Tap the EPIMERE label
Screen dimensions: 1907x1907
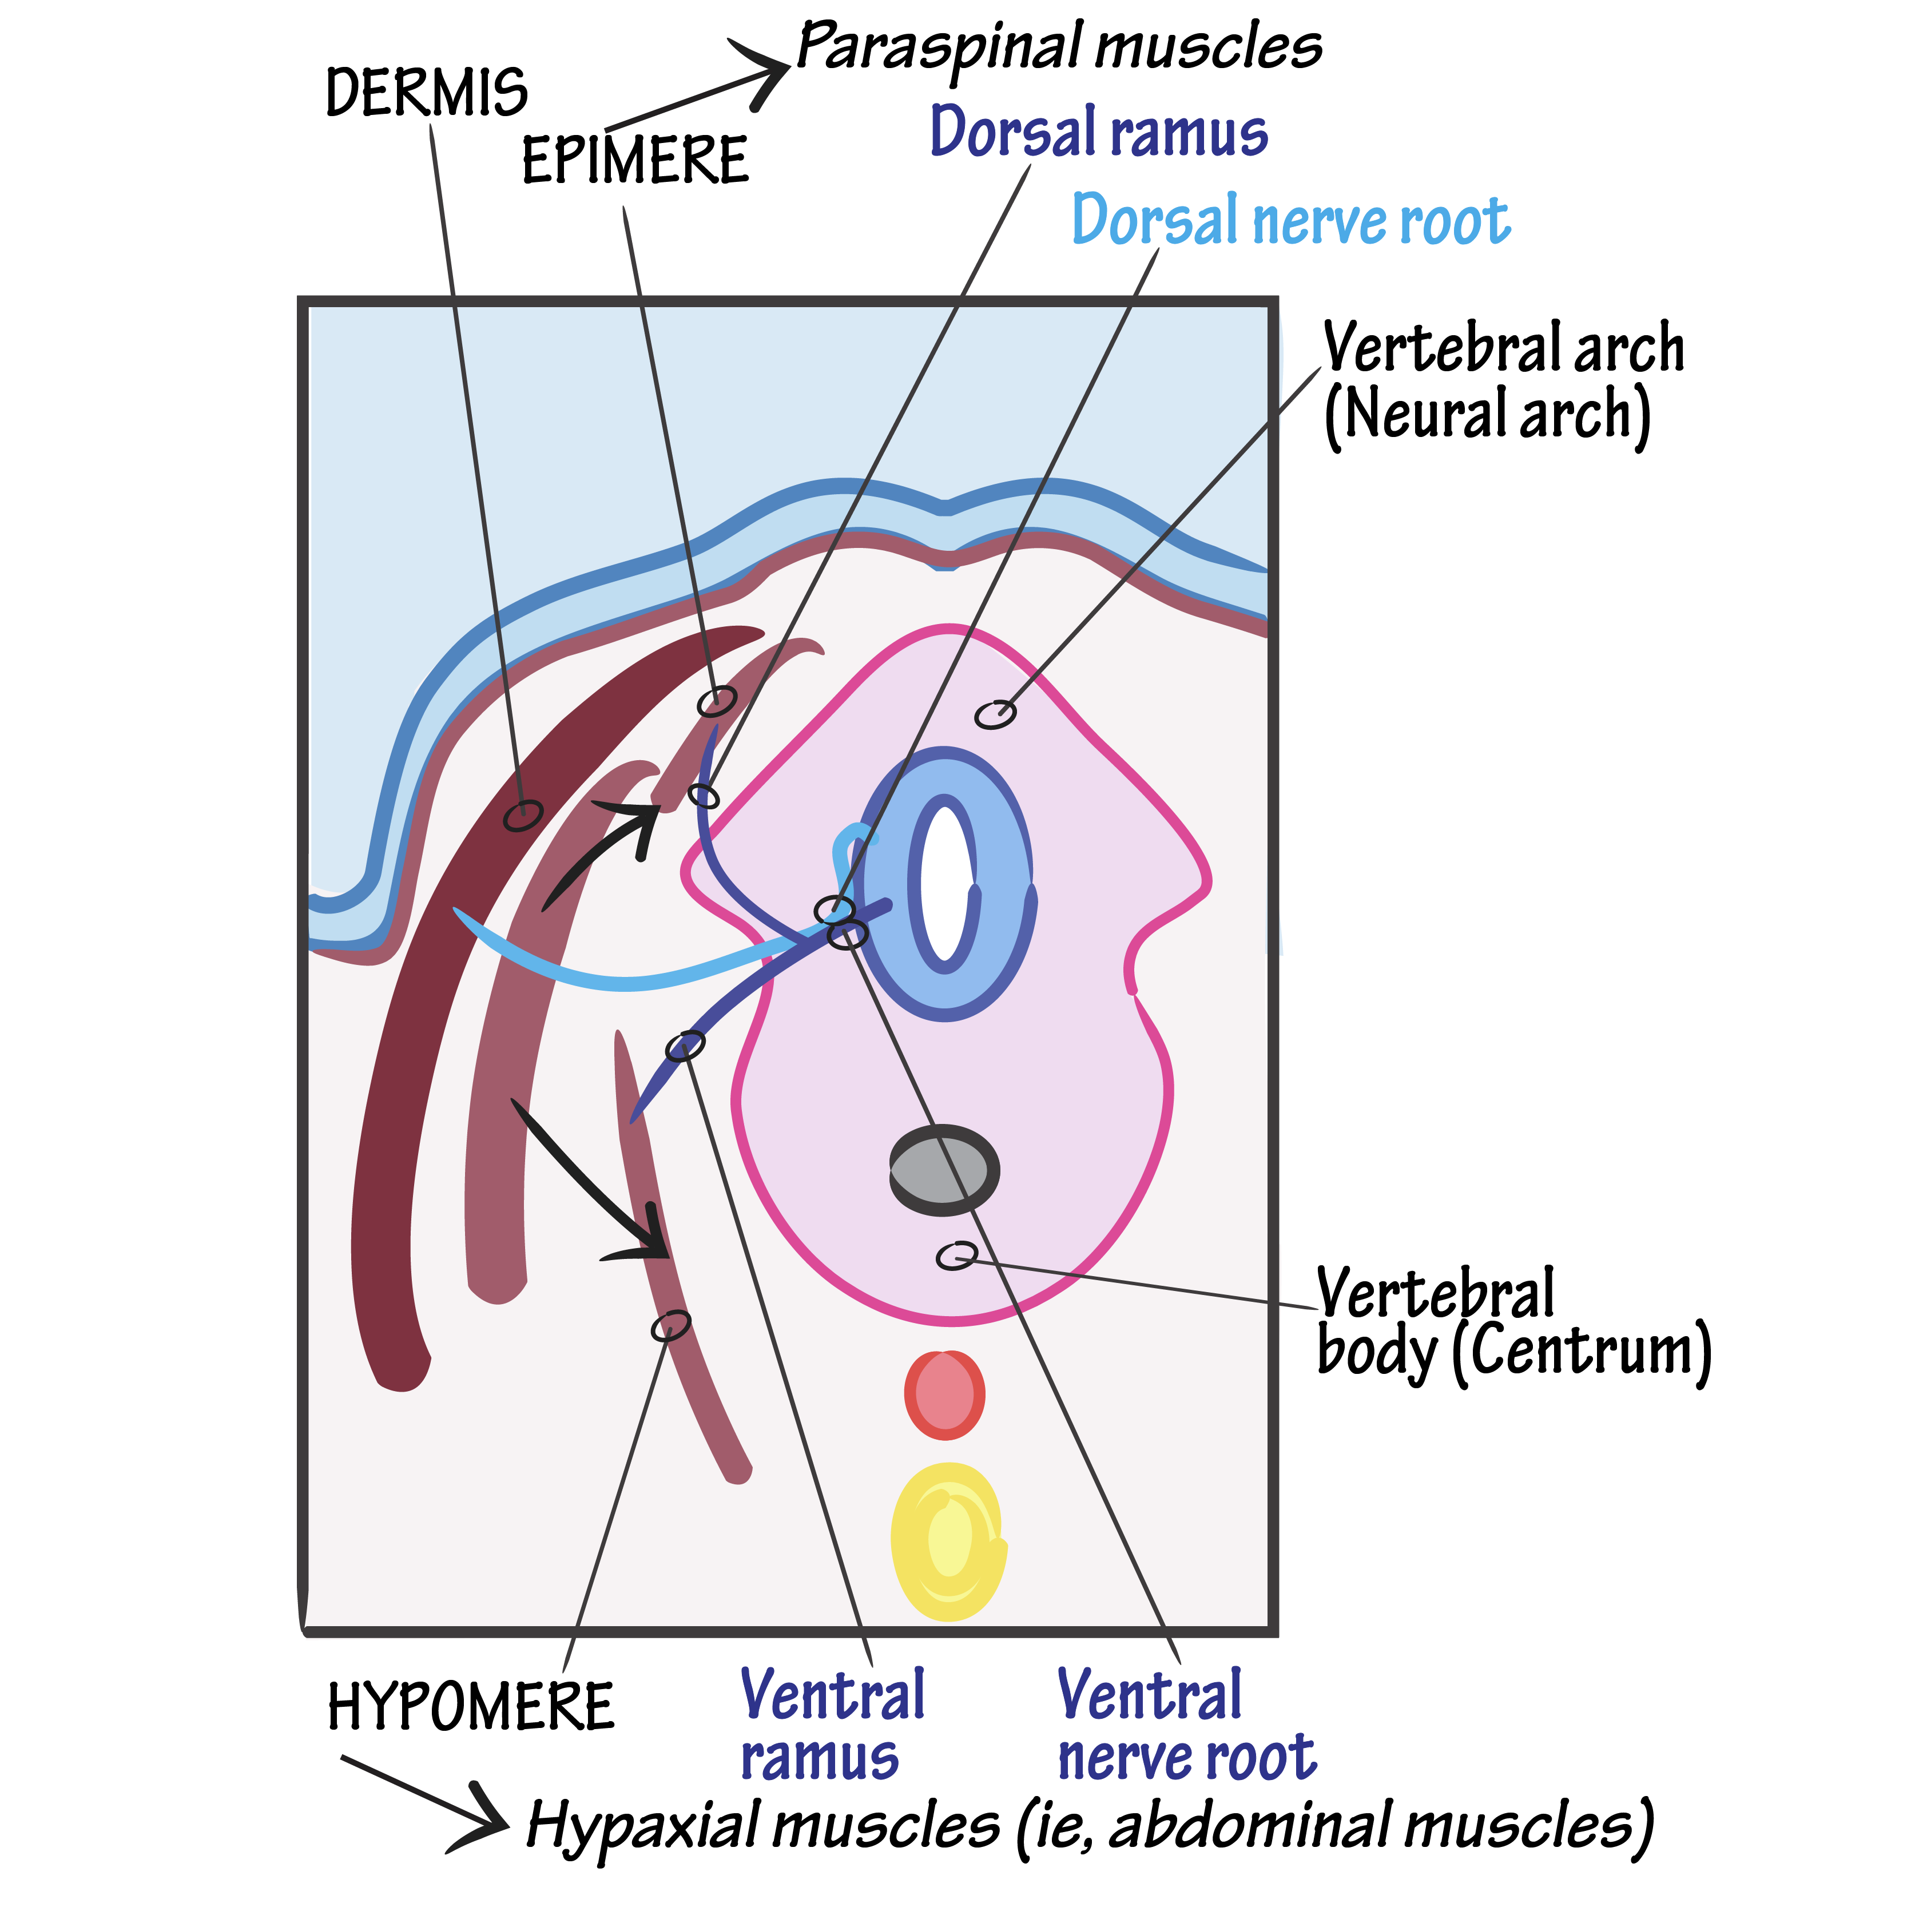(635, 161)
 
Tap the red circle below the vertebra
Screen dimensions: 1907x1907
(944, 1395)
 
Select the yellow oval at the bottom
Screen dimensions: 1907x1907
(948, 1542)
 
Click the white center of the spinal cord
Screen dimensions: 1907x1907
(945, 883)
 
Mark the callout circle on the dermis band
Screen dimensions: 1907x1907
(523, 815)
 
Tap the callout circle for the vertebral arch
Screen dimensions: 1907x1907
(995, 714)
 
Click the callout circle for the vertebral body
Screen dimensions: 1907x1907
(955, 1256)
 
